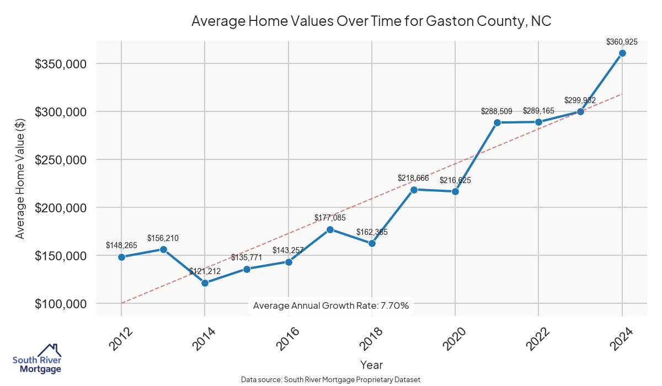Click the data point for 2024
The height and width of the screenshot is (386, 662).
622,53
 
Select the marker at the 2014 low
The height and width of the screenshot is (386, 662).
205,283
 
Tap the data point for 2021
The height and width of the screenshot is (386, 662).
497,122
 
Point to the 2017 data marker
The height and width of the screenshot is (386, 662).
330,229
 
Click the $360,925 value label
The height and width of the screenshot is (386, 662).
622,41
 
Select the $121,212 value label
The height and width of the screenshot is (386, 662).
205,271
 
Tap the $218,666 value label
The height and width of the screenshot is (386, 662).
413,178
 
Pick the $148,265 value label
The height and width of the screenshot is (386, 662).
121,245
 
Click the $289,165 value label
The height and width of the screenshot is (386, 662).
538,110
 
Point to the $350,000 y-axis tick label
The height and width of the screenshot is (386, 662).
60,64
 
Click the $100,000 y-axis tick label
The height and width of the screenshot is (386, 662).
60,304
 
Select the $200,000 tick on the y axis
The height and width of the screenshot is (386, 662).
60,208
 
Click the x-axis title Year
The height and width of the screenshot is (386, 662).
371,364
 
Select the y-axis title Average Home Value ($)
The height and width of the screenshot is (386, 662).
20,178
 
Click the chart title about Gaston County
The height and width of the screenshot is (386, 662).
371,21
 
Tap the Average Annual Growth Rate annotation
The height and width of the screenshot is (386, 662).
331,305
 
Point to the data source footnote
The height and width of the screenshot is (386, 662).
331,379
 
